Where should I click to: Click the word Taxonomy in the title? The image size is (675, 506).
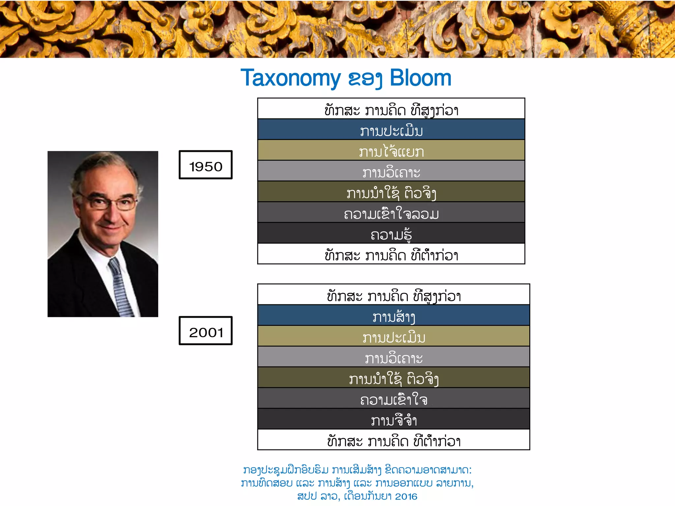290,78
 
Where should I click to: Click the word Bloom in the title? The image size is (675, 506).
420,78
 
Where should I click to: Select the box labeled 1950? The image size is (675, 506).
206,165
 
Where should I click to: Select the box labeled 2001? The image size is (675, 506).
206,331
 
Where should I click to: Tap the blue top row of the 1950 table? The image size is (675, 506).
391,129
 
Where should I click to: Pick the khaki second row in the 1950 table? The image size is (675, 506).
391,150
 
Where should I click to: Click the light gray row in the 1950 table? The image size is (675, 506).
391,171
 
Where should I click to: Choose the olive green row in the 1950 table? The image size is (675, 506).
391,192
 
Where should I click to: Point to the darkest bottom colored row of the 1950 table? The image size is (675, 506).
391,233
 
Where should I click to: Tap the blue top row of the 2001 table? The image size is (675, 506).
394,315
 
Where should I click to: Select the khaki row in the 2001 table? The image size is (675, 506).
394,336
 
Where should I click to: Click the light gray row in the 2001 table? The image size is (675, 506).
394,357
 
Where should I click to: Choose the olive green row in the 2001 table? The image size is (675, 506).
394,378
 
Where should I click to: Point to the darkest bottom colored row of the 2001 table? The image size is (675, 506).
394,419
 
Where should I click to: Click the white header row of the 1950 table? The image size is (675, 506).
391,109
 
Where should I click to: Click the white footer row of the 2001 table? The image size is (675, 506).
394,440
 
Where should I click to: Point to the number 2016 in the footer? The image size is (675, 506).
406,496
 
